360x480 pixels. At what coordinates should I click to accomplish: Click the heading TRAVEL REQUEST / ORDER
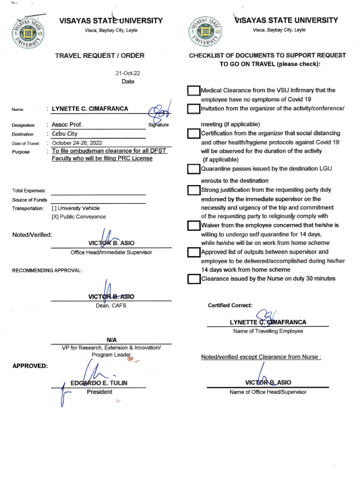pyautogui.click(x=100, y=56)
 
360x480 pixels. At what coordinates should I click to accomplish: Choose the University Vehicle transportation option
pyautogui.click(x=75, y=208)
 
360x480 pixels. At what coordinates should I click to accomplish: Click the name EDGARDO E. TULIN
pyautogui.click(x=99, y=383)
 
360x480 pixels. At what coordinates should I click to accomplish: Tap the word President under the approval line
pyautogui.click(x=99, y=392)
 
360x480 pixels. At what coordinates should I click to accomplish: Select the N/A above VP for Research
pyautogui.click(x=111, y=340)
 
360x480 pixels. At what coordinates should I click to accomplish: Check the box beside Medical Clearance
pyautogui.click(x=193, y=91)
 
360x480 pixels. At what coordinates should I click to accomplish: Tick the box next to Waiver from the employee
pyautogui.click(x=193, y=226)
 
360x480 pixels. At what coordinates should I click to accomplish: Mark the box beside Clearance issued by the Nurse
pyautogui.click(x=193, y=279)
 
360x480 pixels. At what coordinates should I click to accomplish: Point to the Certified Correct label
pyautogui.click(x=230, y=306)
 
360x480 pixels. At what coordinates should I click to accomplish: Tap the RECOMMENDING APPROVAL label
pyautogui.click(x=47, y=271)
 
